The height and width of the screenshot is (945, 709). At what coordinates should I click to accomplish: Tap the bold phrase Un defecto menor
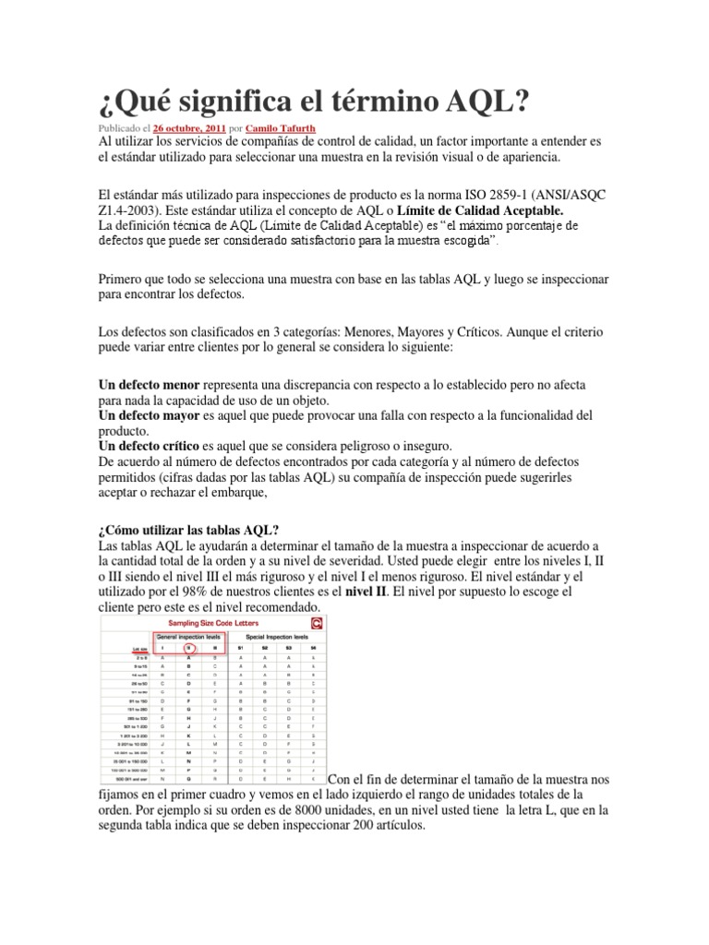click(x=149, y=383)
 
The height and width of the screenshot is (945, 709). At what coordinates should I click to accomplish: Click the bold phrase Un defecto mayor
click(x=149, y=415)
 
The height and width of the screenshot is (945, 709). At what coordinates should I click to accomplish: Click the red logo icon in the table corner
click(x=318, y=625)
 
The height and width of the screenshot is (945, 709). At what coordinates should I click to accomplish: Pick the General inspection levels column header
click(x=188, y=637)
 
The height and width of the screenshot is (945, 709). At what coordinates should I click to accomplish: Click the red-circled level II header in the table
click(x=188, y=649)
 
